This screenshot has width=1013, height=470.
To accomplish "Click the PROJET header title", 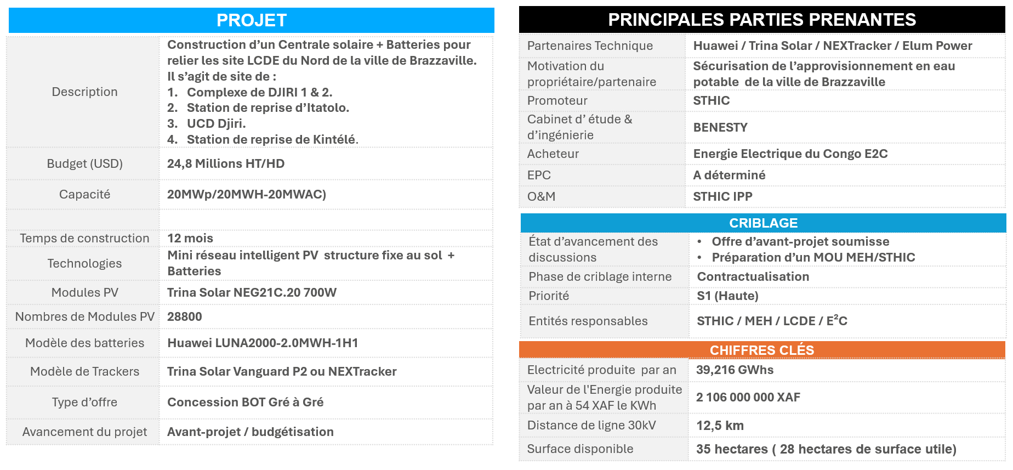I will [252, 20].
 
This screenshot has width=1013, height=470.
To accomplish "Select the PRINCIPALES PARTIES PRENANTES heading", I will [762, 20].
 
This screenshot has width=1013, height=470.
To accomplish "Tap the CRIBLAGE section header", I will [763, 223].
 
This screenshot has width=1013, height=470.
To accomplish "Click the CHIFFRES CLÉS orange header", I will [761, 350].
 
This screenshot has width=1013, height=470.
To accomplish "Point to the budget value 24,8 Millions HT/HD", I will [226, 163].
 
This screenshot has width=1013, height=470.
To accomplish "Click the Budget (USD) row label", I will [84, 163].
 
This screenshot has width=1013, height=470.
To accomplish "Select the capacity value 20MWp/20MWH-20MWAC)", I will [247, 194].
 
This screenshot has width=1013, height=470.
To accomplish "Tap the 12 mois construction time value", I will [190, 238].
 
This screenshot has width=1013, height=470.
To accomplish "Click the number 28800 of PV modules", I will [185, 316].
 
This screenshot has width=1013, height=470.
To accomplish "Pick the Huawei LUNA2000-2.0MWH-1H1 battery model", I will [263, 343].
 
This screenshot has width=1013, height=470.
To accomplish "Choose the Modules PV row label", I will [84, 292].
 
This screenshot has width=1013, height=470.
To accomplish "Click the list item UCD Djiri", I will [216, 123].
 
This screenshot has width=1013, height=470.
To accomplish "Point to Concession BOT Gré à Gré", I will [245, 402].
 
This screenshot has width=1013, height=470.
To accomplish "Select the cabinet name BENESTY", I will [720, 127].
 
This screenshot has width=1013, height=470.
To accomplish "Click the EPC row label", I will [539, 175].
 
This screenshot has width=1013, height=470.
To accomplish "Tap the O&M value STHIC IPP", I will [722, 196].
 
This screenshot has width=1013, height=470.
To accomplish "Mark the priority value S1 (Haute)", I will [727, 296].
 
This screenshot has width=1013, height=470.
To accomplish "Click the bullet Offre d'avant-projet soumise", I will [800, 241].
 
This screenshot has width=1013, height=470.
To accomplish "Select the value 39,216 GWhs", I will [735, 370].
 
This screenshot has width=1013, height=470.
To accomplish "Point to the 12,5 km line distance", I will [720, 426].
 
